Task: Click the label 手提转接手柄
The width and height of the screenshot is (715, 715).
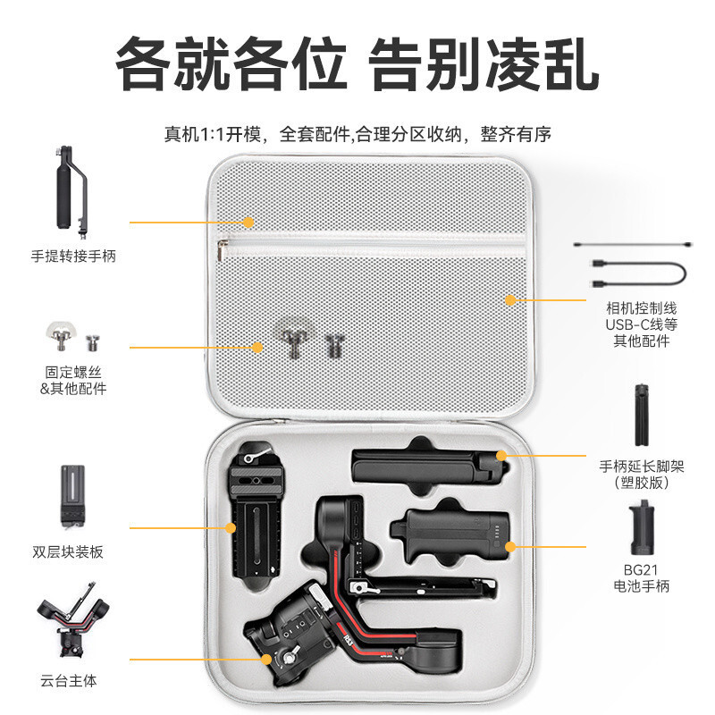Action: tap(73, 257)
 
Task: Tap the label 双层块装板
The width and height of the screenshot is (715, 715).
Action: tap(68, 551)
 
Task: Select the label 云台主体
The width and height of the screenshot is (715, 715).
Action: tap(68, 680)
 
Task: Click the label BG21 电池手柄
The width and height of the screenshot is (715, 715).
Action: tap(647, 578)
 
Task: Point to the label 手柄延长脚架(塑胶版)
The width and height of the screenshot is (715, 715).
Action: tap(642, 475)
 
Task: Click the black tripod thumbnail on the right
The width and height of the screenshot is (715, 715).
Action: tap(641, 415)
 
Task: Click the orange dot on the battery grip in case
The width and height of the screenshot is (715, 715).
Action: tap(511, 545)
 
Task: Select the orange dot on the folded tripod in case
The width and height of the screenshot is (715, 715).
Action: tap(502, 456)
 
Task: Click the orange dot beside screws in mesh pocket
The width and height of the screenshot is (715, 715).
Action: tap(257, 347)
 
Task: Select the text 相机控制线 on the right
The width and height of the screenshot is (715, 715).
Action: tap(642, 308)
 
